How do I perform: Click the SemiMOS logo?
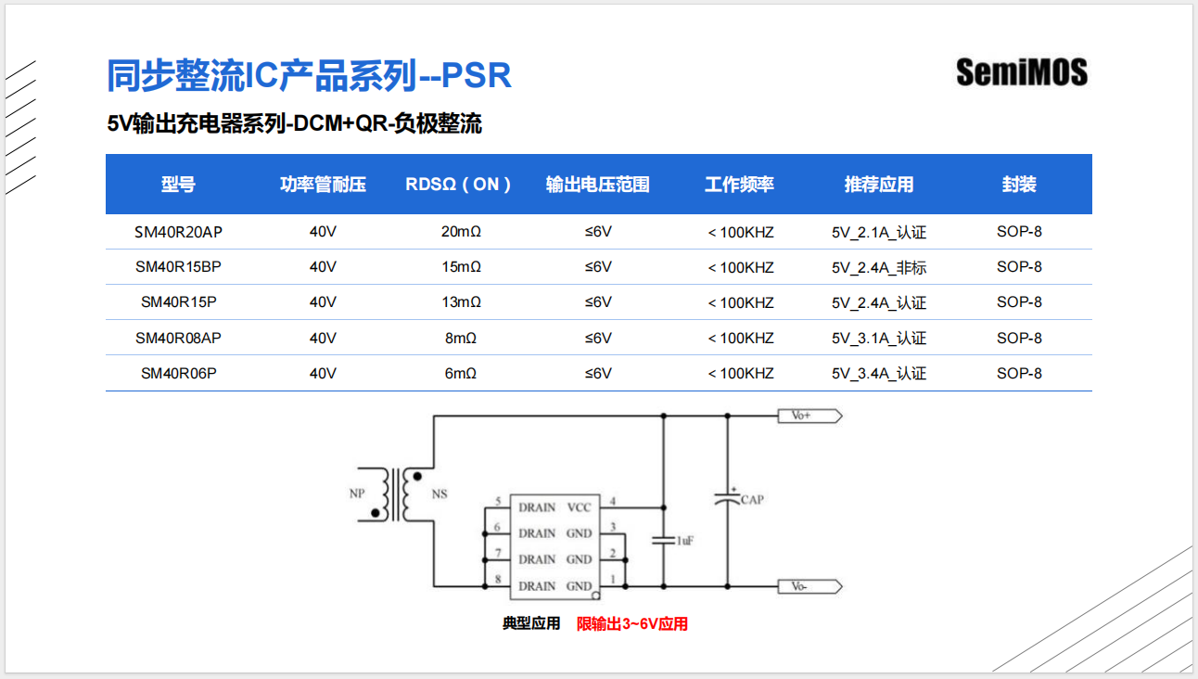(1022, 72)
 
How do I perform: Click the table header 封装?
(1019, 185)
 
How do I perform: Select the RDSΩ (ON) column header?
(459, 185)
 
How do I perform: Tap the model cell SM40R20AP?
(178, 232)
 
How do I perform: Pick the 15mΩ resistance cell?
(461, 267)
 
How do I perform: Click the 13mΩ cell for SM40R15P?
(461, 302)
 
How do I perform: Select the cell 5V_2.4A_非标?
(879, 268)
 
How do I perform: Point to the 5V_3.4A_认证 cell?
(879, 374)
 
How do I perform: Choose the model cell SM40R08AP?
(178, 339)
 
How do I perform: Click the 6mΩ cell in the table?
(461, 374)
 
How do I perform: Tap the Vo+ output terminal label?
(802, 416)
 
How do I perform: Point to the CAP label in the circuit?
(752, 500)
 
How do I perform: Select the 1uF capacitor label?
(684, 541)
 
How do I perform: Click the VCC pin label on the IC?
(579, 507)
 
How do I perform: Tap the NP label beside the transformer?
(357, 493)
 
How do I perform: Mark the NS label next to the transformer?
(440, 493)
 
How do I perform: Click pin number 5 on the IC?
(498, 502)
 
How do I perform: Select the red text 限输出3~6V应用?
(632, 624)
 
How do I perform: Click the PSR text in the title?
(476, 76)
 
